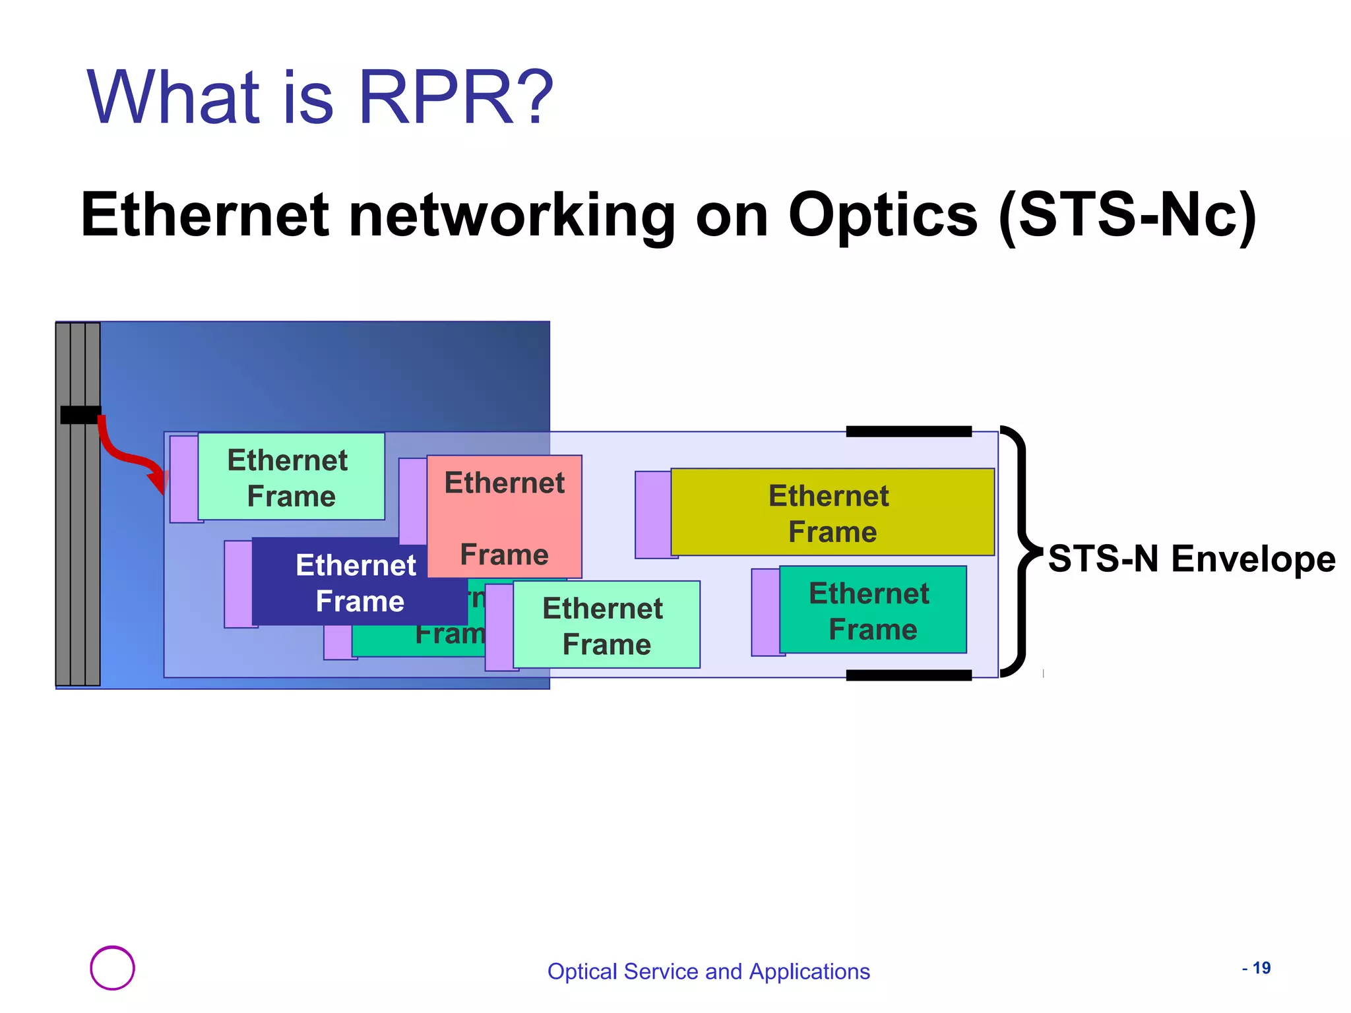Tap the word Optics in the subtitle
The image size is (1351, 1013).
click(x=882, y=215)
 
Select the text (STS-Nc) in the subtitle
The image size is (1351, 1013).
click(x=1127, y=215)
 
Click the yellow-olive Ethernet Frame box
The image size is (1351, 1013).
click(x=832, y=512)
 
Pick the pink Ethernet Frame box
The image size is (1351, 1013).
click(x=505, y=517)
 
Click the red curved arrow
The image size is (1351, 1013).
click(x=125, y=455)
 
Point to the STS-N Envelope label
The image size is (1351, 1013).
click(x=1191, y=559)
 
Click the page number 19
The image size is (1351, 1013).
click(x=1261, y=967)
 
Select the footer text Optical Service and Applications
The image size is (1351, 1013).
click(x=708, y=971)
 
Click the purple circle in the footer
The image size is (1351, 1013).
click(x=112, y=967)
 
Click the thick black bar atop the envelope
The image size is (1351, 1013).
click(x=908, y=431)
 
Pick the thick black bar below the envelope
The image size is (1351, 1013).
click(x=908, y=675)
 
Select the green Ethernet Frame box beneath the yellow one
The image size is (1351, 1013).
click(x=872, y=610)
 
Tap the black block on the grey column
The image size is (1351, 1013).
click(x=80, y=415)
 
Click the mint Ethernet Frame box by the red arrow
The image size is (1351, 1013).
click(x=291, y=476)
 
